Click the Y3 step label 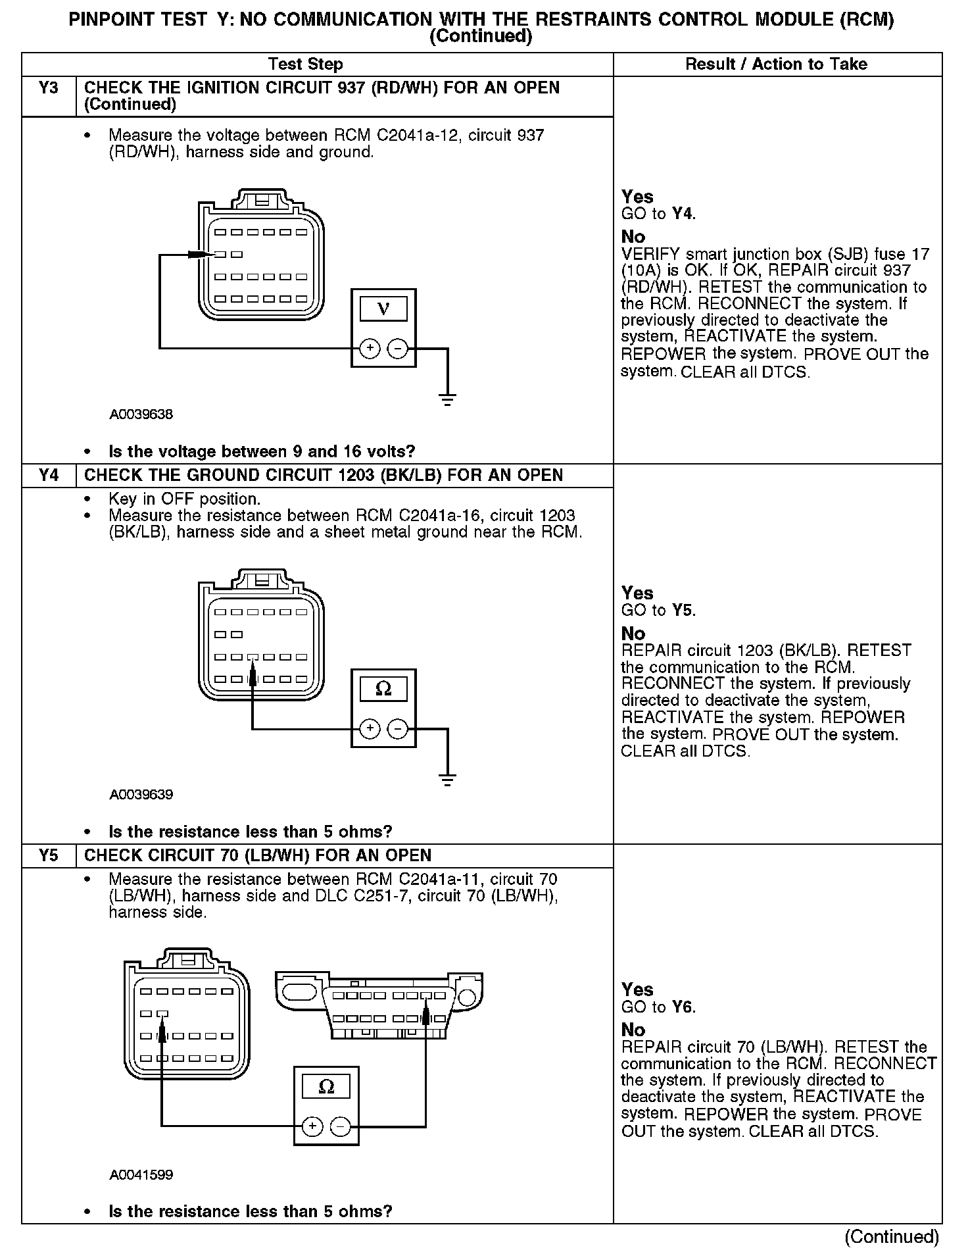click(49, 88)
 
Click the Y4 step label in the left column click(49, 475)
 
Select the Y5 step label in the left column click(49, 855)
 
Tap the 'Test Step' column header click(305, 64)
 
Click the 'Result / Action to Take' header click(776, 64)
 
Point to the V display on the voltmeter click(383, 309)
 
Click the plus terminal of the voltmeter click(370, 348)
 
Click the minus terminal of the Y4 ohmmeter click(397, 729)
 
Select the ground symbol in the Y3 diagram click(447, 399)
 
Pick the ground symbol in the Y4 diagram click(447, 780)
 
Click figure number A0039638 click(141, 414)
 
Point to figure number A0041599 click(141, 1175)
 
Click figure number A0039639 click(141, 795)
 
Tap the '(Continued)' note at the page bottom click(891, 1237)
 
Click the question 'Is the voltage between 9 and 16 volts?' click(262, 452)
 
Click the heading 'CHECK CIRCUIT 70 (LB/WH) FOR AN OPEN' click(258, 855)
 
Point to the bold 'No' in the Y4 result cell click(633, 634)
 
